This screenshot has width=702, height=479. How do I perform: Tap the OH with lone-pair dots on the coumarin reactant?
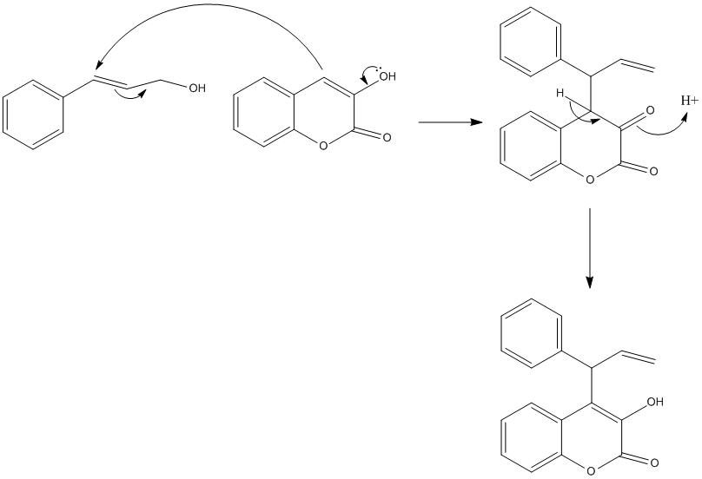point(385,76)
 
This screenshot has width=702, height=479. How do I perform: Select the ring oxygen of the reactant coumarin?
point(323,146)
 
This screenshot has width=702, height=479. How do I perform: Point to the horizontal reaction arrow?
point(450,122)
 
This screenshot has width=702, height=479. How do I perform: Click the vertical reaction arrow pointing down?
point(590,247)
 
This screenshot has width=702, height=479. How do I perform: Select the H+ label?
point(688,101)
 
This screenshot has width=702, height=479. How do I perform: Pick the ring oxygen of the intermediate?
point(591,180)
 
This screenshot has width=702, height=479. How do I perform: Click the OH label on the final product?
point(654,402)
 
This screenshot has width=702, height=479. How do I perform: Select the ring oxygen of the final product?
point(591,471)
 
